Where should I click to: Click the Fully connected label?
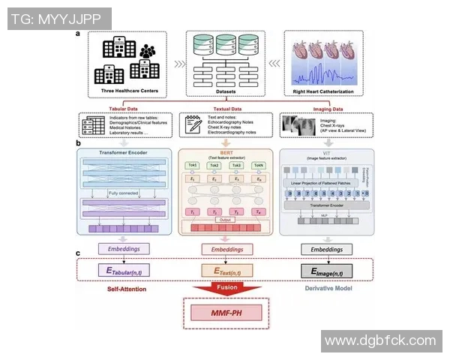[122, 194]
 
